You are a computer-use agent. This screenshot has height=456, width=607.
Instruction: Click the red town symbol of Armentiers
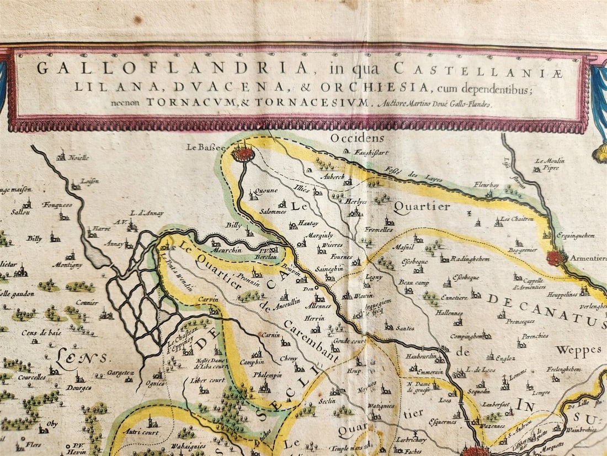pyautogui.click(x=556, y=257)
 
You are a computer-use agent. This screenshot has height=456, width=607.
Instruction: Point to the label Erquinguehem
pyautogui.click(x=574, y=235)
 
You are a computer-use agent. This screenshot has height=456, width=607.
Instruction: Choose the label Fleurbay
pyautogui.click(x=486, y=185)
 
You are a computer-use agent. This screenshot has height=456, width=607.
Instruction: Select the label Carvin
pyautogui.click(x=209, y=300)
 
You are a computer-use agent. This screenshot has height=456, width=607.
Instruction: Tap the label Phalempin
pyautogui.click(x=268, y=374)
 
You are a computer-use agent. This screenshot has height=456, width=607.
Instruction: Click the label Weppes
pyautogui.click(x=578, y=350)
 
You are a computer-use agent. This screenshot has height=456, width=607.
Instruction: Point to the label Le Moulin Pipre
pyautogui.click(x=549, y=164)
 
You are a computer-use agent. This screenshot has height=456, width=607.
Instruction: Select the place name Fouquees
pyautogui.click(x=57, y=205)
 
